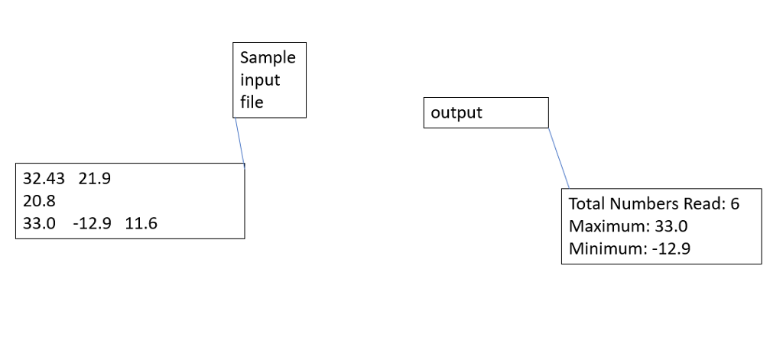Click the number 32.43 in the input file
point(44,179)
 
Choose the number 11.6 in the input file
point(141,223)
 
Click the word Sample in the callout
point(267,58)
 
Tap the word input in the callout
point(260,80)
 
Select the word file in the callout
point(251,102)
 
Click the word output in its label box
point(456,113)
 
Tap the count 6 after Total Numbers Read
point(735,204)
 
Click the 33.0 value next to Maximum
point(671,226)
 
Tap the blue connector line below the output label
point(559,158)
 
